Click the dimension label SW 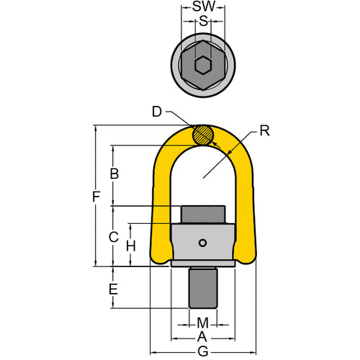[x=203, y=8]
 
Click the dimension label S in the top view [x=203, y=22]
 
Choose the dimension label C [x=112, y=235]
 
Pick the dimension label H [x=130, y=246]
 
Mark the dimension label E [x=112, y=289]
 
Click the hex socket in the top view [x=203, y=64]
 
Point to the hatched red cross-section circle [x=203, y=134]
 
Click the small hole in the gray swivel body [x=204, y=242]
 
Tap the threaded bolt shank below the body [x=203, y=287]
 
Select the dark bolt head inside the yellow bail [x=203, y=215]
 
